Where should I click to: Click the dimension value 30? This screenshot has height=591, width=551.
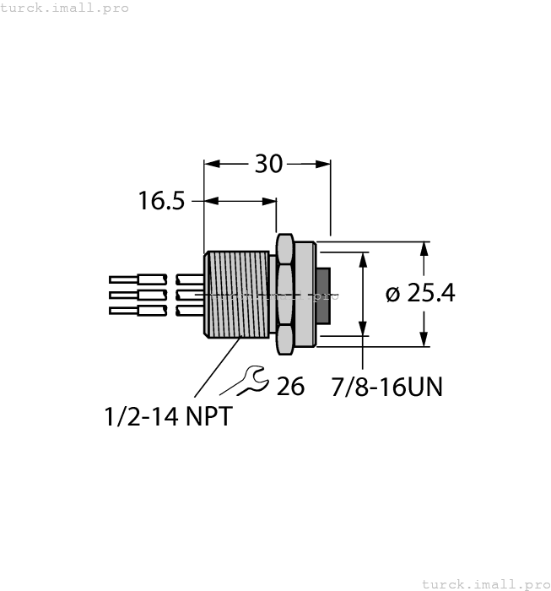pos(268,164)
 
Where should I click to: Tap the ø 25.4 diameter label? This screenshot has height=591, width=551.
pos(419,293)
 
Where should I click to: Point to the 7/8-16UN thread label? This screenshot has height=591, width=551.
pos(386,387)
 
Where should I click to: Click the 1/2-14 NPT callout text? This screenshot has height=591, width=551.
pos(166,416)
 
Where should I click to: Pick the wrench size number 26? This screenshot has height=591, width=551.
pos(290,387)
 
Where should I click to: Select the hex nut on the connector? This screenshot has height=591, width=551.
pos(285,294)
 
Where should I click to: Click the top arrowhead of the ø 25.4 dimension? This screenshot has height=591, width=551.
pos(424,248)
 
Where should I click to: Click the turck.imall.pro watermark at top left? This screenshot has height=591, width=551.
pos(65,8)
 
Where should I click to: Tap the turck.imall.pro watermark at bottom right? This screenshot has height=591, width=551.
pos(484,583)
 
